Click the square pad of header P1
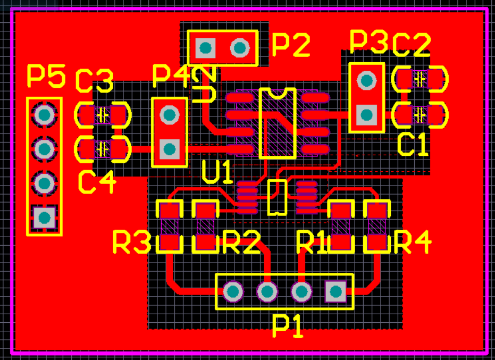click(335, 291)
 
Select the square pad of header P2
click(205, 48)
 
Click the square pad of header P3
click(366, 114)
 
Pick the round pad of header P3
click(366, 81)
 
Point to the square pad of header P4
click(170, 148)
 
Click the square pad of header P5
click(44, 217)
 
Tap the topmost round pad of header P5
click(44, 114)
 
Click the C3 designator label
click(94, 81)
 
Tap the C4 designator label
click(97, 182)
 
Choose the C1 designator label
click(413, 145)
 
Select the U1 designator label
click(217, 172)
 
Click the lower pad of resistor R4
click(377, 244)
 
